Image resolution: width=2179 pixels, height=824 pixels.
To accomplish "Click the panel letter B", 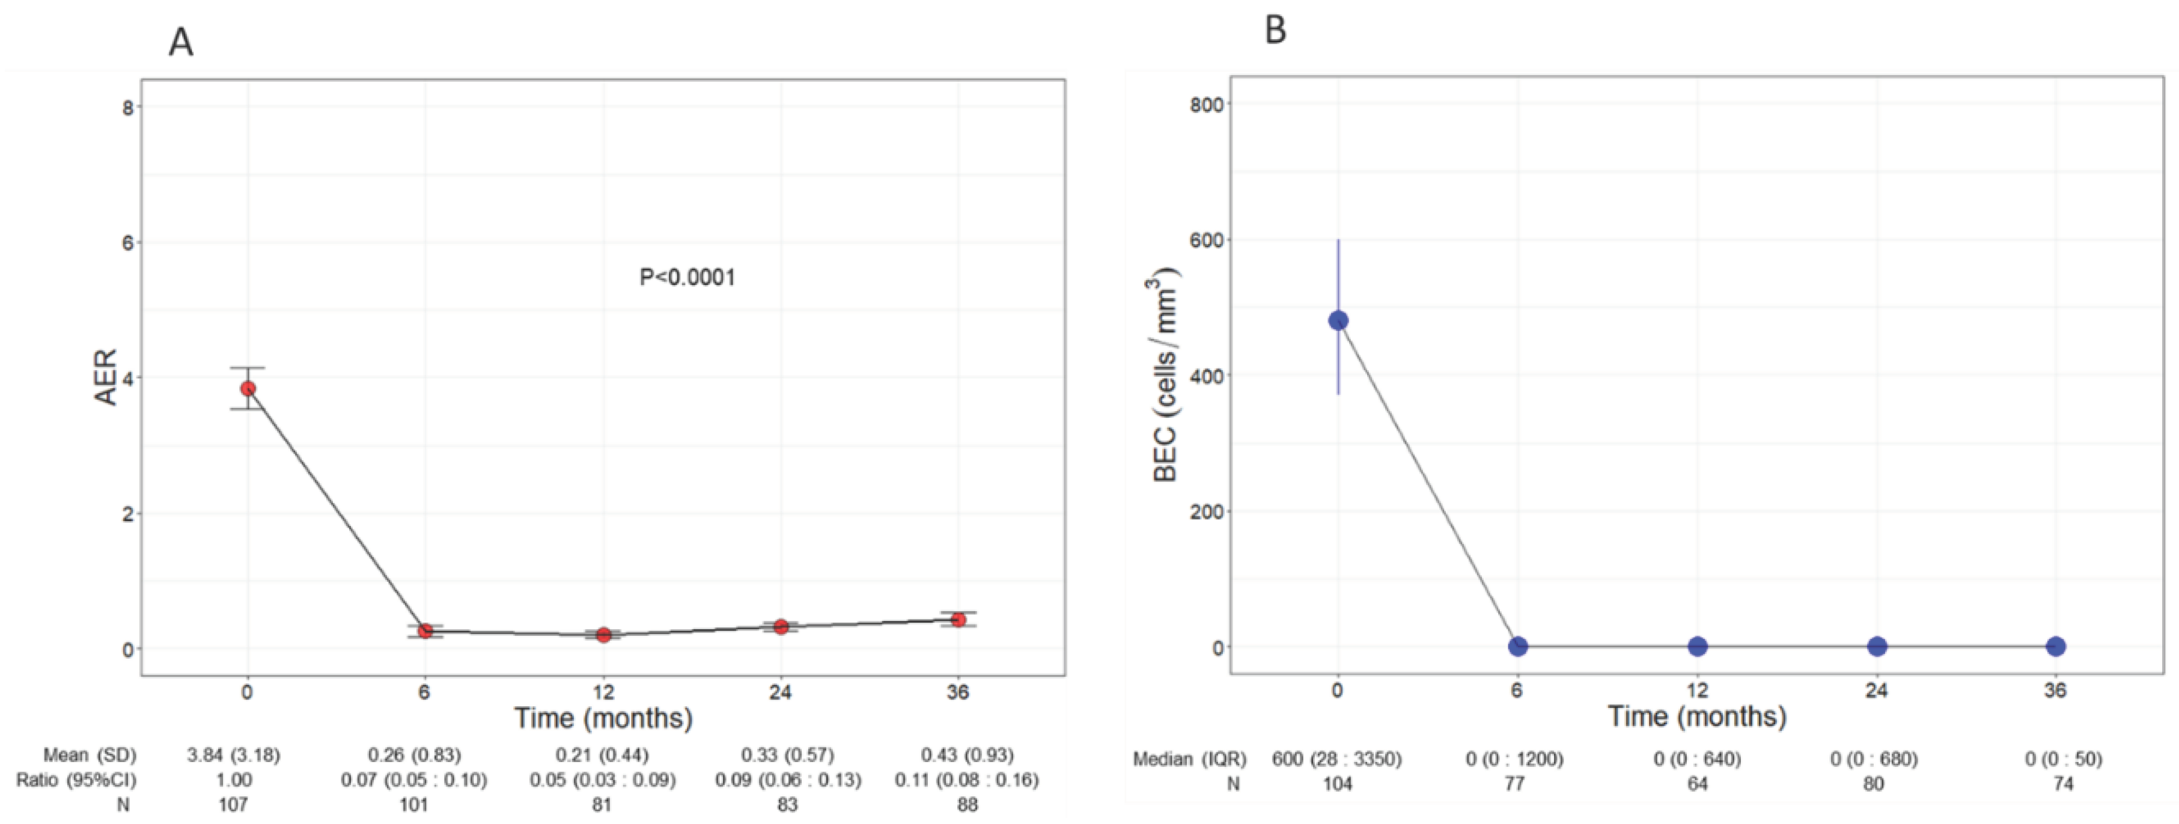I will [1275, 31].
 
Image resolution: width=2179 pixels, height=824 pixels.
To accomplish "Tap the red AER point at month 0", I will [248, 388].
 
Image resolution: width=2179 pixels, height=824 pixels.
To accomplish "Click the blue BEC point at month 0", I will [1338, 320].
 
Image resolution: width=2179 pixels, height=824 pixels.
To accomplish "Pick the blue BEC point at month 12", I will [1697, 646].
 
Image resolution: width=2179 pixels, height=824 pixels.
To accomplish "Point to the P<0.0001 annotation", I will [687, 278].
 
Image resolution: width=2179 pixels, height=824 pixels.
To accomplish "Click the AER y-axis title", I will [106, 377].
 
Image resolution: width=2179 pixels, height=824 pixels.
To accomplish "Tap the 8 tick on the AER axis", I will [128, 106].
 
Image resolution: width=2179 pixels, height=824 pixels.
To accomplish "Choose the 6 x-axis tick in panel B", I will [1517, 691].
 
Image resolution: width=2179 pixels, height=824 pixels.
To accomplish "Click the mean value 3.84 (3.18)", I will [233, 755].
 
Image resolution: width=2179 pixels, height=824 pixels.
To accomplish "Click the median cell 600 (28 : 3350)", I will [1336, 759].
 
